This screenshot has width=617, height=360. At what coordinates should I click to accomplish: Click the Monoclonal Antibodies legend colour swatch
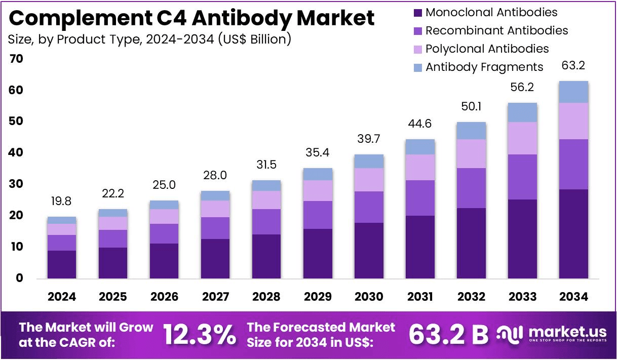pos(417,13)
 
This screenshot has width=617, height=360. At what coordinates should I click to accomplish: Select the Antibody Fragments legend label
pos(484,67)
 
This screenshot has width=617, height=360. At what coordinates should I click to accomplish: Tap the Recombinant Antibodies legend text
pos(496,31)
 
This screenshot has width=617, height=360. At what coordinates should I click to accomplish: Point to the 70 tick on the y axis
pos(16,59)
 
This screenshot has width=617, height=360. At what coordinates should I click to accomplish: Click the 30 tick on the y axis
pos(16,184)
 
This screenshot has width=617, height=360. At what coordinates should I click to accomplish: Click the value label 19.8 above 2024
pos(62,202)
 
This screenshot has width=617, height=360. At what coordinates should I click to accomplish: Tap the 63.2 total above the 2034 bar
pos(573,66)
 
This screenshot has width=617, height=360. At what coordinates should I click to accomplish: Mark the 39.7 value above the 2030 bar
pos(369,139)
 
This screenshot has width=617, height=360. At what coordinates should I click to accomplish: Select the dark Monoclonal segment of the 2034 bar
pos(573,234)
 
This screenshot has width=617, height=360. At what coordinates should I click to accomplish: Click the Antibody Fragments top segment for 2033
pos(522,112)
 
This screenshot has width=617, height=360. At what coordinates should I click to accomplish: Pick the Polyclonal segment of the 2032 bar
pos(471,154)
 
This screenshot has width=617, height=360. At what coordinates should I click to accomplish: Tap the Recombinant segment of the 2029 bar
pos(318,215)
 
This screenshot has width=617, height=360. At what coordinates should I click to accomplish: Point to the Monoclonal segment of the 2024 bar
pos(62,264)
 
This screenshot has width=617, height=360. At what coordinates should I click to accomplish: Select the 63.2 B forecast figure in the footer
pos(448,335)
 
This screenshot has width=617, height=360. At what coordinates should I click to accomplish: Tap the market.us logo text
pos(567,332)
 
